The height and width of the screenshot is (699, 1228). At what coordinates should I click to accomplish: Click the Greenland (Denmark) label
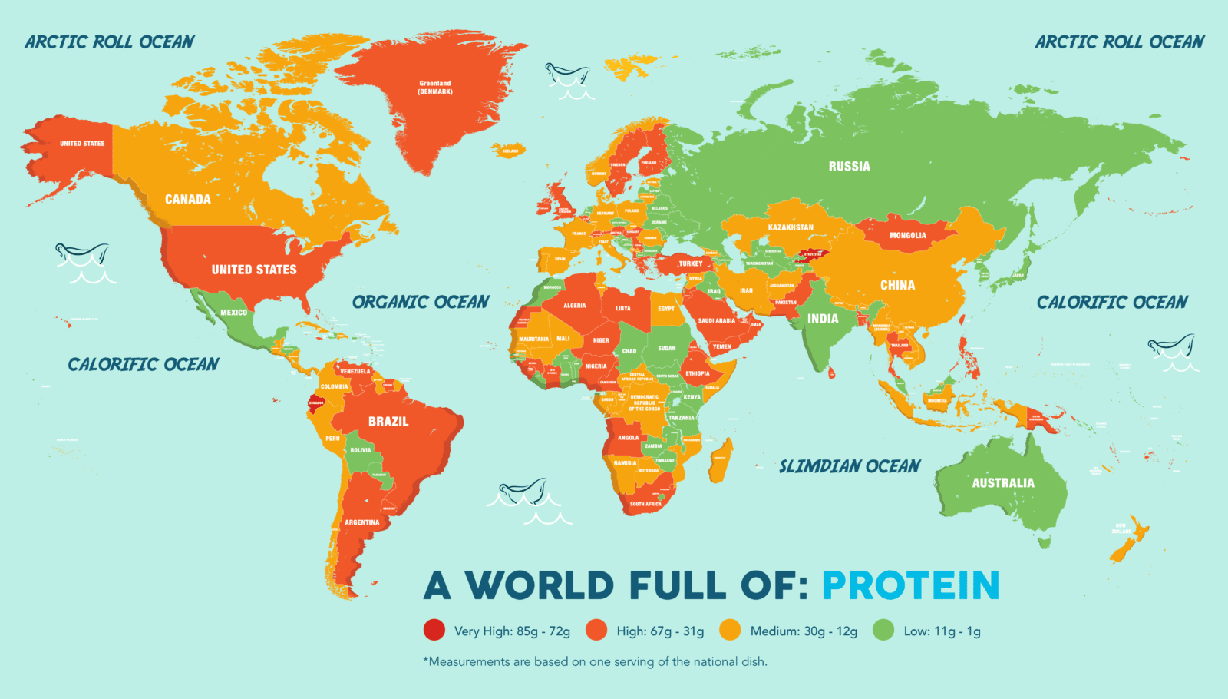click(x=434, y=88)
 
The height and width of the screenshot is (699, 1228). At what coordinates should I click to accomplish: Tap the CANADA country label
click(x=187, y=199)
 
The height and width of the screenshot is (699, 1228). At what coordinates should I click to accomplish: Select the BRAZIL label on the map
click(x=388, y=421)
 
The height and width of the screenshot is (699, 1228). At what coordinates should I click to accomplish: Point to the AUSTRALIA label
click(x=1002, y=483)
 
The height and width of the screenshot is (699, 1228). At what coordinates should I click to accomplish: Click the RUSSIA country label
click(x=849, y=166)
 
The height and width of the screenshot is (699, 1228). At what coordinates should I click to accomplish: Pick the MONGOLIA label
click(x=907, y=235)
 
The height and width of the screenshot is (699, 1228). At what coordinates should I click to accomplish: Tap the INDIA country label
click(x=823, y=319)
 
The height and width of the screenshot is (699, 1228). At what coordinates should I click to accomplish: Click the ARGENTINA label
click(x=361, y=522)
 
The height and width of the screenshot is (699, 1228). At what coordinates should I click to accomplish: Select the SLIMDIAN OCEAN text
click(x=849, y=466)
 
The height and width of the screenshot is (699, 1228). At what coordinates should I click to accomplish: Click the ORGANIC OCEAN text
click(x=421, y=302)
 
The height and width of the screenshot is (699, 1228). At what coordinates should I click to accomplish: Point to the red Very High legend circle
click(x=434, y=631)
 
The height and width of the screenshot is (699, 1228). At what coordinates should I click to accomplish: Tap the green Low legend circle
click(x=883, y=631)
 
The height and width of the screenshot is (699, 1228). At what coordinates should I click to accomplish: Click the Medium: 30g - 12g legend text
click(x=803, y=631)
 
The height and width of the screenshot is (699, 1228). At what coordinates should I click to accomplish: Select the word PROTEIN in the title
click(x=910, y=585)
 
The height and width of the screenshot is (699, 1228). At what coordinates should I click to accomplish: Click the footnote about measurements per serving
click(x=595, y=661)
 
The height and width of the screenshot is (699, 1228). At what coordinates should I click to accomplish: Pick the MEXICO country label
click(x=233, y=313)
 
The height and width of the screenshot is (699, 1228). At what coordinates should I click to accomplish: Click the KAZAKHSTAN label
click(x=790, y=227)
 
